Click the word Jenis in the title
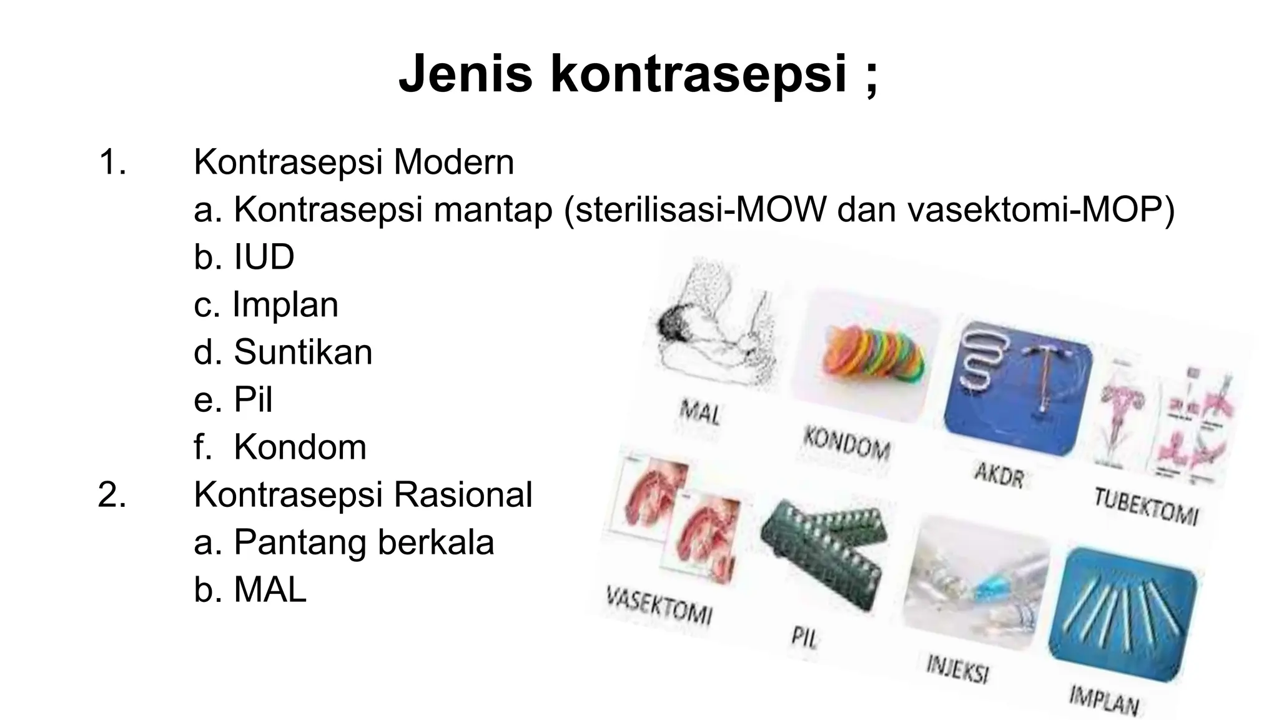pyautogui.click(x=465, y=74)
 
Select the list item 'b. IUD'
pyautogui.click(x=244, y=257)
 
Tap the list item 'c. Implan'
pyautogui.click(x=266, y=305)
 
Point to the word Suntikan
pyautogui.click(x=303, y=352)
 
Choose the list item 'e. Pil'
pyautogui.click(x=233, y=399)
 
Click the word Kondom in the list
pyautogui.click(x=300, y=447)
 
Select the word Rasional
pyautogui.click(x=463, y=494)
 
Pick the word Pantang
pyautogui.click(x=300, y=542)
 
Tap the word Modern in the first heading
pyautogui.click(x=453, y=162)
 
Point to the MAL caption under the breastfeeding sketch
pyautogui.click(x=700, y=413)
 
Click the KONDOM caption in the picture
pyautogui.click(x=846, y=443)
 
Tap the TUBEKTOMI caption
pyautogui.click(x=1146, y=506)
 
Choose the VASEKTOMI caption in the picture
pyautogui.click(x=659, y=606)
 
